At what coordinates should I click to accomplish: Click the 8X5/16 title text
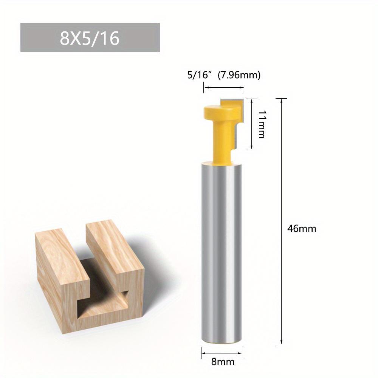click(90, 38)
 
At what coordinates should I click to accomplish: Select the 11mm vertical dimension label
click(260, 124)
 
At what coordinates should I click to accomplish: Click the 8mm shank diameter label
click(223, 361)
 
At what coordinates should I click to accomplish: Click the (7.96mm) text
click(239, 75)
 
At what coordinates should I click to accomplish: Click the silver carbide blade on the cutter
click(236, 110)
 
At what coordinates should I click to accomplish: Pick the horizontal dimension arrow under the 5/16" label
click(224, 88)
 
